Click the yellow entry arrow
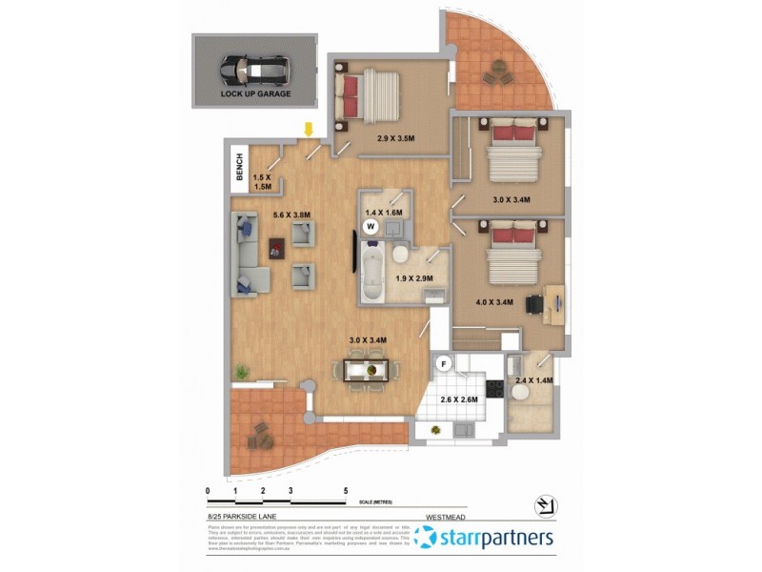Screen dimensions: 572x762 308,130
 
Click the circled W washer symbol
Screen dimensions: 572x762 371,227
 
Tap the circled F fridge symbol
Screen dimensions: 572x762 442,363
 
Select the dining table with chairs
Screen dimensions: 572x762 366,368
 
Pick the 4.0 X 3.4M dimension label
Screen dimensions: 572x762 494,302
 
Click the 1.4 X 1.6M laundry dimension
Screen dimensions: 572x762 386,212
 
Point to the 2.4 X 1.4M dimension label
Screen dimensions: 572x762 534,380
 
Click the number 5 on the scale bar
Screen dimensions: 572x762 346,491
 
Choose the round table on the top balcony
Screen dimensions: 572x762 495,72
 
